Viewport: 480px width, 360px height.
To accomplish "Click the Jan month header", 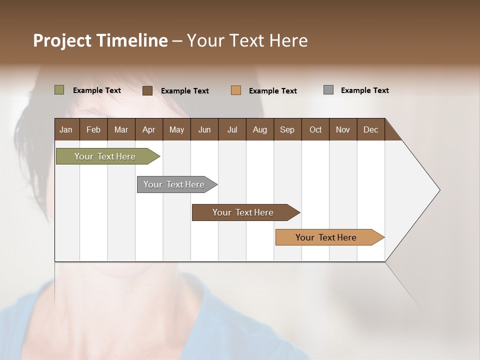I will [x=66, y=129].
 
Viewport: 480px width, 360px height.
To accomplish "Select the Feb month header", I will [x=93, y=129].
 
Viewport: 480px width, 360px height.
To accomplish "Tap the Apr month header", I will [x=149, y=129].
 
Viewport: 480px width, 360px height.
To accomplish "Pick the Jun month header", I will [x=204, y=129].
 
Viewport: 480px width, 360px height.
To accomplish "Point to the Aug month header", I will [x=260, y=129].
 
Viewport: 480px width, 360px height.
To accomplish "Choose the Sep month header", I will [x=287, y=129].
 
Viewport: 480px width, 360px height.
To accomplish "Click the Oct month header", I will [x=315, y=129].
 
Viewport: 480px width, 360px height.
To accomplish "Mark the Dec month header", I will [x=371, y=129].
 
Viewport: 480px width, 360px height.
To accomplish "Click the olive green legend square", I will [x=59, y=90].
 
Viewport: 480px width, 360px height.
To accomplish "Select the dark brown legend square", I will [x=147, y=90].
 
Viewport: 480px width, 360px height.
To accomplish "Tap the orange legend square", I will [x=236, y=90].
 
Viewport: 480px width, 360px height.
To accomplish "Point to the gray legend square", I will [x=328, y=90].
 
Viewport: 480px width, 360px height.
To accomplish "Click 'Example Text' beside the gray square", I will [x=364, y=90].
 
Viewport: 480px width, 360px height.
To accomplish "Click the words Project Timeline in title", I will [x=100, y=40].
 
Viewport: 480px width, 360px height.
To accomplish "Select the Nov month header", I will [x=343, y=129].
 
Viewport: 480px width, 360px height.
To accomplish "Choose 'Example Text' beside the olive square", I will [x=97, y=90].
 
